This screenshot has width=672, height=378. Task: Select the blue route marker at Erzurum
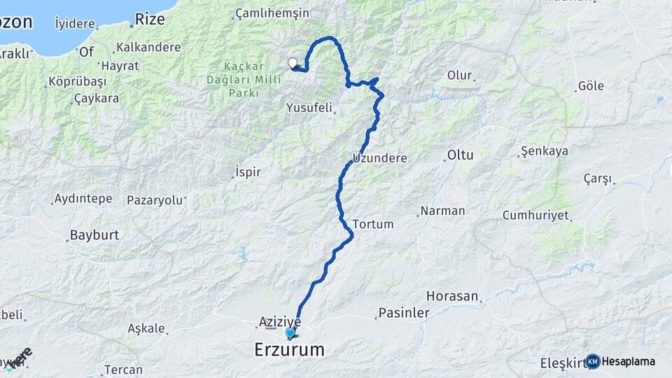(x=290, y=333)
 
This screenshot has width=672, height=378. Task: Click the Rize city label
(x=150, y=19)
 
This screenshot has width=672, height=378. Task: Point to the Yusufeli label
(x=310, y=108)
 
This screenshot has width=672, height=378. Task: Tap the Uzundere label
(x=380, y=158)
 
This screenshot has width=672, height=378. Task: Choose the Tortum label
(x=373, y=224)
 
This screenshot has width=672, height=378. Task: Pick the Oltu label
(x=461, y=155)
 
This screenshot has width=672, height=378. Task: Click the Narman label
(x=442, y=211)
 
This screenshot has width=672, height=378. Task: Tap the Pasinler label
(x=403, y=313)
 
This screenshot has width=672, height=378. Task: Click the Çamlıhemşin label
(x=272, y=13)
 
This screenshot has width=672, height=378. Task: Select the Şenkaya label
(x=545, y=151)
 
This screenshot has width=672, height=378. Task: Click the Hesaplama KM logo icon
(x=593, y=361)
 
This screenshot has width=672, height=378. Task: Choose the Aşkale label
(x=146, y=328)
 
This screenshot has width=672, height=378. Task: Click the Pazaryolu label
(x=155, y=200)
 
